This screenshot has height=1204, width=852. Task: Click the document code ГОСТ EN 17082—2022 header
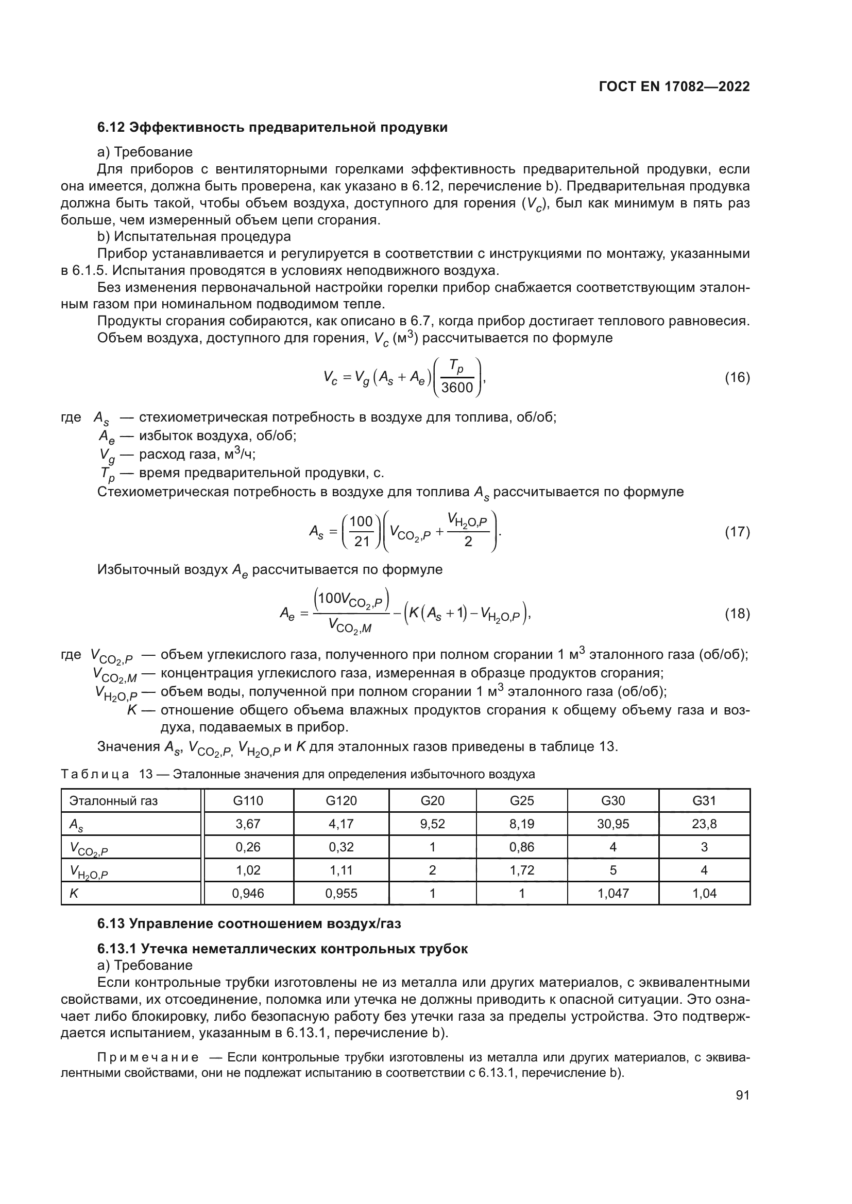tap(674, 87)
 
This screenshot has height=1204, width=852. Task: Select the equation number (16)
tap(737, 377)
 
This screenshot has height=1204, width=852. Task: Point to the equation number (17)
tap(737, 532)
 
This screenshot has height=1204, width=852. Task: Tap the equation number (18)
tap(737, 614)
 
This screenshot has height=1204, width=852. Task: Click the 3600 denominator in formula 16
tap(457, 388)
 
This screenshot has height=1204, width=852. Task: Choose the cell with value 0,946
tap(248, 894)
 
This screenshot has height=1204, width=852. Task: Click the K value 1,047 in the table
tap(613, 894)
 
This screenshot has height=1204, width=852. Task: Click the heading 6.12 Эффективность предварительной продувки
tap(272, 128)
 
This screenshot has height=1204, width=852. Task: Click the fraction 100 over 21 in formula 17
tap(361, 532)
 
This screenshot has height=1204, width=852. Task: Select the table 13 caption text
tap(298, 774)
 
